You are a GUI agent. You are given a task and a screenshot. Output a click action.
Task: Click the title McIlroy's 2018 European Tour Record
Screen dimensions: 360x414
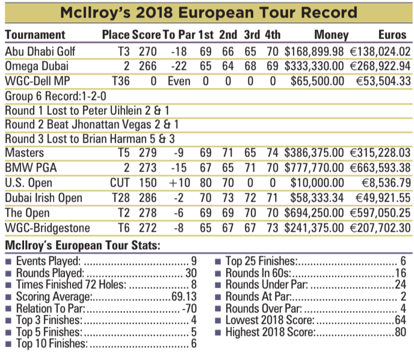[x=206, y=13]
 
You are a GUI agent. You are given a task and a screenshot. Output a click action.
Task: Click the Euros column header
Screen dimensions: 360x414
[x=392, y=35]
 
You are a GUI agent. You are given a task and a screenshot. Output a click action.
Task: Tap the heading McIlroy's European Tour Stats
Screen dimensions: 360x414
[x=82, y=246]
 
